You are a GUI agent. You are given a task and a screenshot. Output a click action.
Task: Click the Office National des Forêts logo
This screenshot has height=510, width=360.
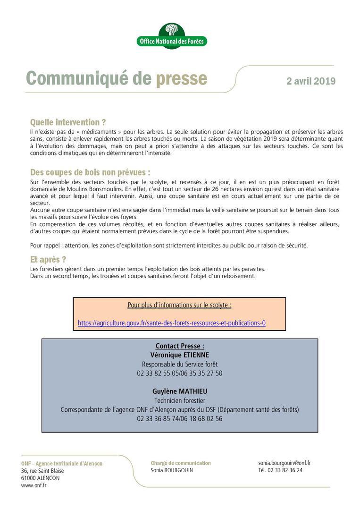click(x=172, y=36)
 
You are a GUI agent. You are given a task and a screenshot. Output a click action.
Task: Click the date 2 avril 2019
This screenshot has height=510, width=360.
click(x=310, y=81)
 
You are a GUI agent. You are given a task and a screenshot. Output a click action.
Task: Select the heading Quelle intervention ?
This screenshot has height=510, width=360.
click(x=68, y=122)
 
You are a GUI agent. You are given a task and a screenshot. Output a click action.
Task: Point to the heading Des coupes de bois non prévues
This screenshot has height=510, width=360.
click(x=90, y=172)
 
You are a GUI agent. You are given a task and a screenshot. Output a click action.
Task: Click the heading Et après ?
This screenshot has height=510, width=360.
click(x=48, y=259)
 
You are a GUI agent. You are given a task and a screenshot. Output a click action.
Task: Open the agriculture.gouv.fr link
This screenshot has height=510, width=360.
click(x=172, y=323)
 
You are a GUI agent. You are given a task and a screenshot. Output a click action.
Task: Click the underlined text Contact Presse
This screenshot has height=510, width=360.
click(x=180, y=346)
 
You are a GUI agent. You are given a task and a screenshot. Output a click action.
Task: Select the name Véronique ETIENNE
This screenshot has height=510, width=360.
click(x=180, y=355)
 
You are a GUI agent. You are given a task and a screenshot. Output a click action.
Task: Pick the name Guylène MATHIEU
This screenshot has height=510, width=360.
click(x=180, y=391)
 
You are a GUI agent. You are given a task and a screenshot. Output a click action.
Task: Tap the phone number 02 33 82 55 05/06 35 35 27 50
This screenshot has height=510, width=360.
click(x=180, y=373)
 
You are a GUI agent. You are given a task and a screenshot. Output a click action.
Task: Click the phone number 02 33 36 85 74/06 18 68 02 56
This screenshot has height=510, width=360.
click(x=180, y=418)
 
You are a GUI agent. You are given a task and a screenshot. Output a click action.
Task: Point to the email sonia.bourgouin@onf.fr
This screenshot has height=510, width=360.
click(x=284, y=463)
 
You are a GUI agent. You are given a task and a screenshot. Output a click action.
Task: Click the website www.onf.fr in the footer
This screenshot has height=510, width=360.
click(x=33, y=485)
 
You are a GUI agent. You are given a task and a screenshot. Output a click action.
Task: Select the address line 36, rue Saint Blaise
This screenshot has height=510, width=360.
click(x=42, y=471)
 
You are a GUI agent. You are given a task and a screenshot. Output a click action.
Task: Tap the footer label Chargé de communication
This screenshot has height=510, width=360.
click(x=181, y=463)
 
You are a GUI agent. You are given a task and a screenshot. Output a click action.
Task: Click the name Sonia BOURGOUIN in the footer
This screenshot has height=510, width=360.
click(x=172, y=470)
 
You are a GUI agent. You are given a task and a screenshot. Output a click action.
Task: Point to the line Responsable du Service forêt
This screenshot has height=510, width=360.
click(x=180, y=364)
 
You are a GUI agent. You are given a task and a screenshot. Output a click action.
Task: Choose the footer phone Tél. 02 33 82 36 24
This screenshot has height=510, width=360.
click(x=280, y=470)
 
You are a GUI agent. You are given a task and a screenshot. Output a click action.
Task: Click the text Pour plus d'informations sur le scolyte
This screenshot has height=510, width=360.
click(x=179, y=305)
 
